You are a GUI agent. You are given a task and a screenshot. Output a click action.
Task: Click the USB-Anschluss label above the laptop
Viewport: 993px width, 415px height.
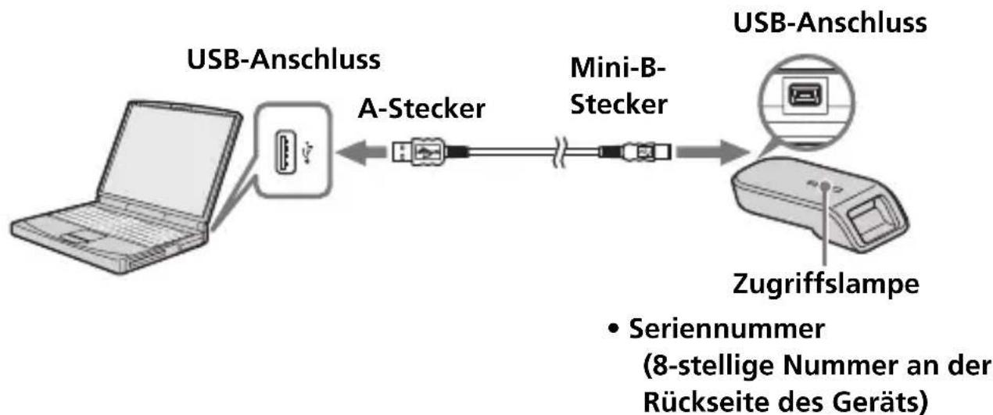coord(284,60)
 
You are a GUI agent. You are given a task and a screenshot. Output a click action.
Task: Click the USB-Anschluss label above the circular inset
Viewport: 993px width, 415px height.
coord(830,23)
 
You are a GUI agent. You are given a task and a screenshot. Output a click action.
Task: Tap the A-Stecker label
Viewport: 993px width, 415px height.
coord(421,109)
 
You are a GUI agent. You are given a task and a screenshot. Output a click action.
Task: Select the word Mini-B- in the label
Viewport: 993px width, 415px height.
coord(618,68)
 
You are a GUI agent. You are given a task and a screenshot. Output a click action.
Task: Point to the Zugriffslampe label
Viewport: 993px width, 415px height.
coord(826,284)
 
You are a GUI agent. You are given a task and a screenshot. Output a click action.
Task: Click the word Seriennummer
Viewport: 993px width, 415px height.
coord(727,328)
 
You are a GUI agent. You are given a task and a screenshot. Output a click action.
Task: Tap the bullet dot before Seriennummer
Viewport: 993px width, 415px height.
coord(614,329)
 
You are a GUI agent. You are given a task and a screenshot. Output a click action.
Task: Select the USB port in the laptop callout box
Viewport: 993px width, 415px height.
coord(285,152)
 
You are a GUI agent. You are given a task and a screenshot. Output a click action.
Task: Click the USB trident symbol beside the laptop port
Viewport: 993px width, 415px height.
coord(307,152)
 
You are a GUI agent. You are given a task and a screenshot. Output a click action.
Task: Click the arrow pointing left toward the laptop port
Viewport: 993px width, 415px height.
coord(361,152)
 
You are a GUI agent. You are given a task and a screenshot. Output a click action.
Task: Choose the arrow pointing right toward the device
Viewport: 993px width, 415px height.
coord(712,152)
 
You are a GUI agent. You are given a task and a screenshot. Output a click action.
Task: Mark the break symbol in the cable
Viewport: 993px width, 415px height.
coord(560,152)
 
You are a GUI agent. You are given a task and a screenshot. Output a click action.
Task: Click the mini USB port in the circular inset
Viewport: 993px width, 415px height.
coord(805,95)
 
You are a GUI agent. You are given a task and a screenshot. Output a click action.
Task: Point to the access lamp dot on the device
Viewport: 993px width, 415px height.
coord(825,185)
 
